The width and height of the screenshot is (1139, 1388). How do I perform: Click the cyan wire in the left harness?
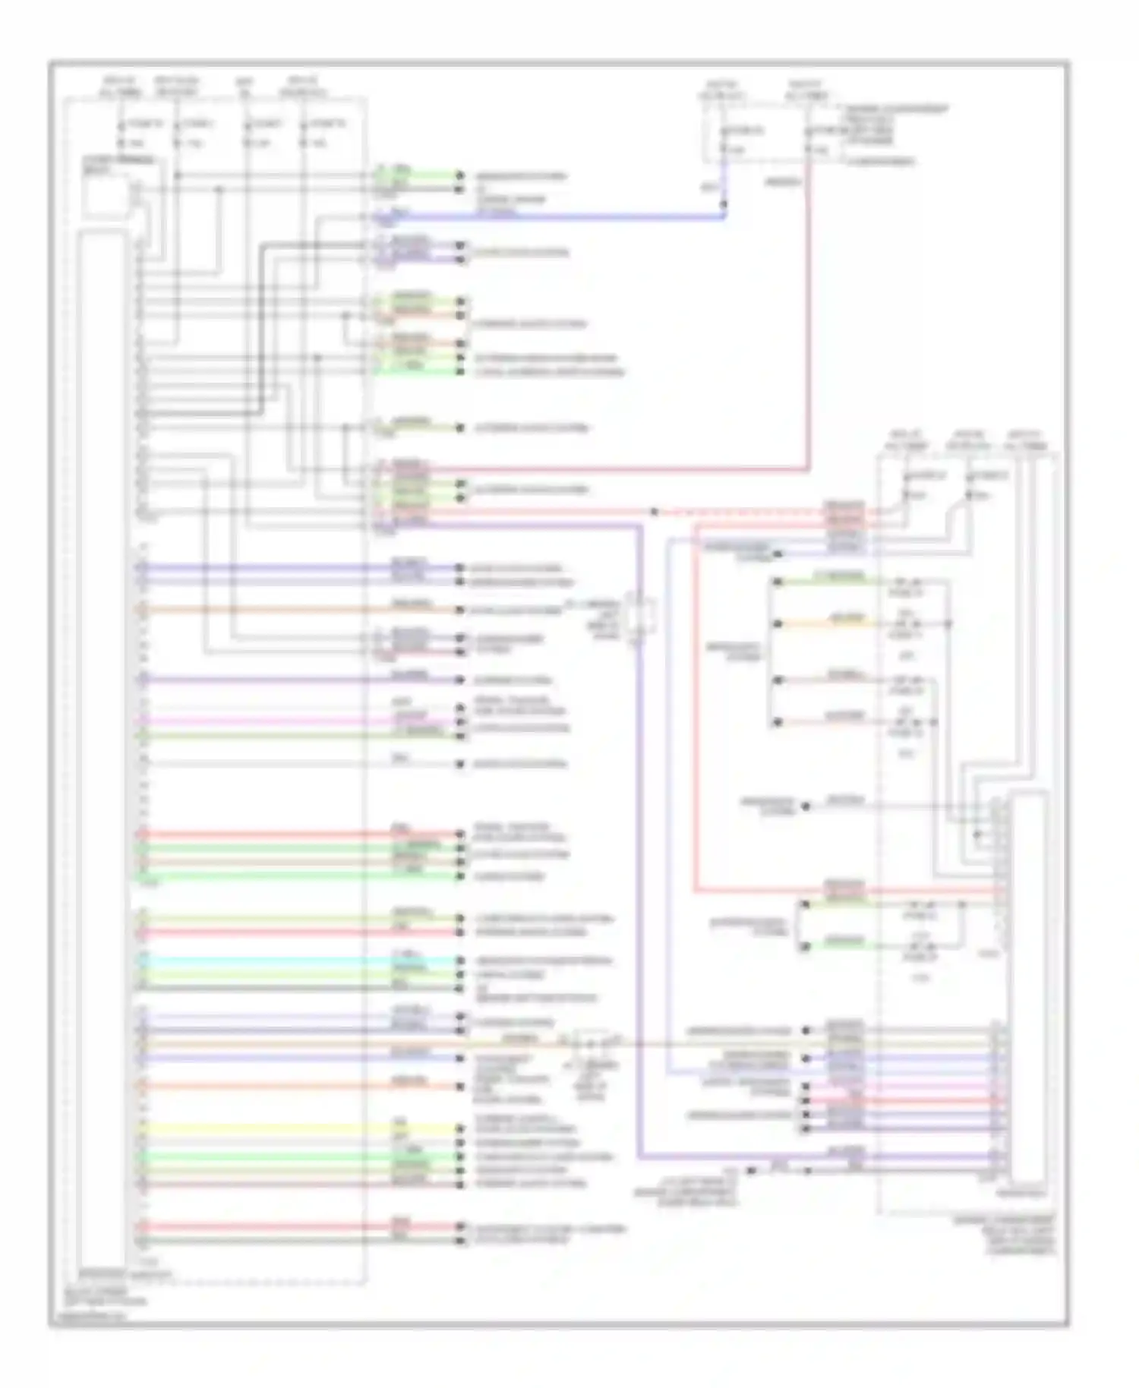(296, 961)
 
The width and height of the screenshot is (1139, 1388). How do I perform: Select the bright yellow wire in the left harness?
(296, 1130)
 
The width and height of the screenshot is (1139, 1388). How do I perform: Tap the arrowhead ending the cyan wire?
(459, 961)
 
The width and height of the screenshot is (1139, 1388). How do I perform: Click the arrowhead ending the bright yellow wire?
(459, 1130)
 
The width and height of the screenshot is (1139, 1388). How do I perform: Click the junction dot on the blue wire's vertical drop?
(724, 203)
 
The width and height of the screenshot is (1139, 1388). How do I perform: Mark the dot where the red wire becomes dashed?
(655, 512)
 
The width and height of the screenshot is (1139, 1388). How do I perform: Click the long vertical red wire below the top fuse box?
(808, 319)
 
